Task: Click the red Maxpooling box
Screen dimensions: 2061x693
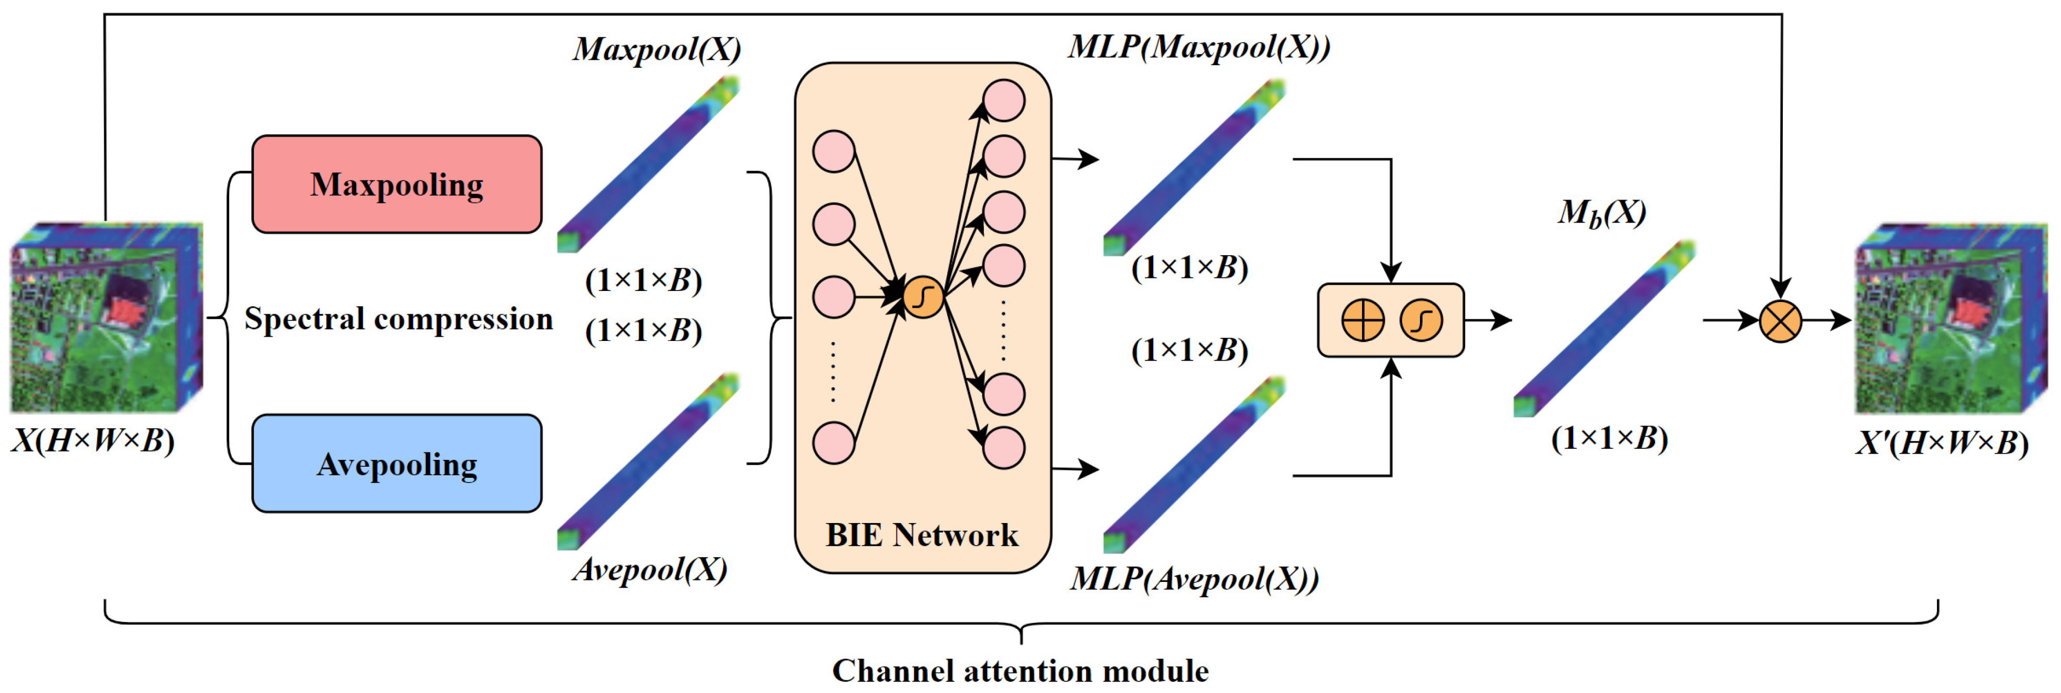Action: coord(397,184)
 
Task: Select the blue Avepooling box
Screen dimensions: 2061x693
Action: coord(397,464)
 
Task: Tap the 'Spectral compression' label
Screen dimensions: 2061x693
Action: coord(399,318)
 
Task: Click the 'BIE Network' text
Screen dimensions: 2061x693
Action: coord(922,535)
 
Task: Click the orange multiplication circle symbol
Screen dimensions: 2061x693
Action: coord(1780,321)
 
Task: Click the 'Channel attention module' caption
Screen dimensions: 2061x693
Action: coord(1020,670)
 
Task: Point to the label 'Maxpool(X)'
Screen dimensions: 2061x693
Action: coord(657,49)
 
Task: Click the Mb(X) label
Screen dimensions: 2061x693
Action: coord(1602,213)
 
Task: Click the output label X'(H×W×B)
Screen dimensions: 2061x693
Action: coord(1943,443)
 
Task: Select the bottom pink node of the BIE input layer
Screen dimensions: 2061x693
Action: coord(834,443)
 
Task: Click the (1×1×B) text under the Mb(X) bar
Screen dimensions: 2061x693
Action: coord(1609,438)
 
